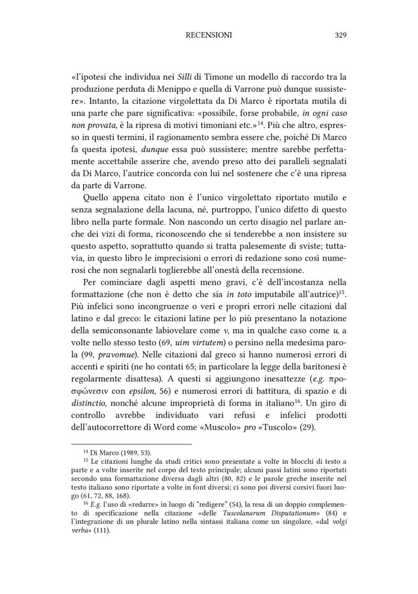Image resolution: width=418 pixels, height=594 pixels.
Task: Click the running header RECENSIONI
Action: (x=208, y=35)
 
